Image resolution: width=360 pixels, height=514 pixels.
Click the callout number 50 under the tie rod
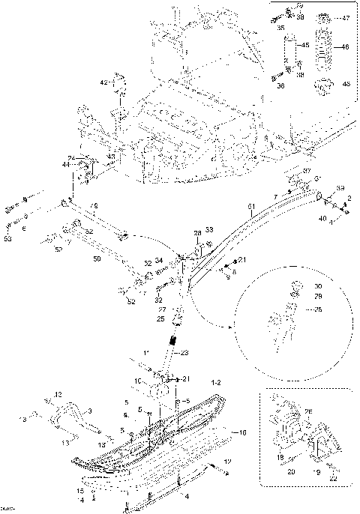point(96,258)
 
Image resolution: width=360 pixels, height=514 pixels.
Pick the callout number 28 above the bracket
point(198,234)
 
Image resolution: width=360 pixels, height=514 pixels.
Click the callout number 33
point(209,229)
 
